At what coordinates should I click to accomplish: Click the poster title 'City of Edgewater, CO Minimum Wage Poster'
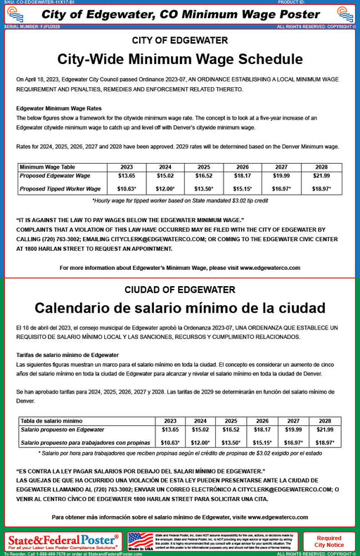click(180, 15)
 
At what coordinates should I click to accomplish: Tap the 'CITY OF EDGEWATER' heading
click(180, 41)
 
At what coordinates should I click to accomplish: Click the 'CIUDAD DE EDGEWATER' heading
click(180, 290)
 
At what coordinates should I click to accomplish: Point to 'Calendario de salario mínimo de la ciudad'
click(180, 308)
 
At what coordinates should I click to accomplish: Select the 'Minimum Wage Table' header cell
click(48, 167)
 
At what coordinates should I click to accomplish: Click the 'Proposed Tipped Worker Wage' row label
click(60, 188)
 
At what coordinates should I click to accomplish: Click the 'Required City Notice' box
click(329, 541)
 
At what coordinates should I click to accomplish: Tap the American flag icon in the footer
click(141, 540)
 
